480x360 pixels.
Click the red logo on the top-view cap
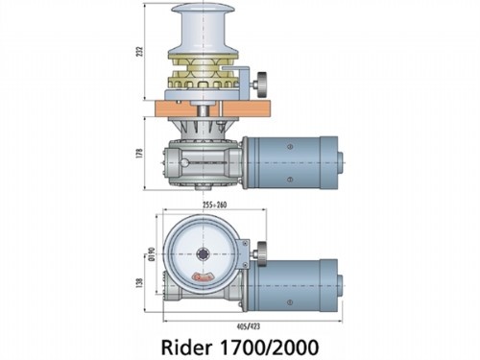[201, 278]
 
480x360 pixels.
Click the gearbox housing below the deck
[203, 159]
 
